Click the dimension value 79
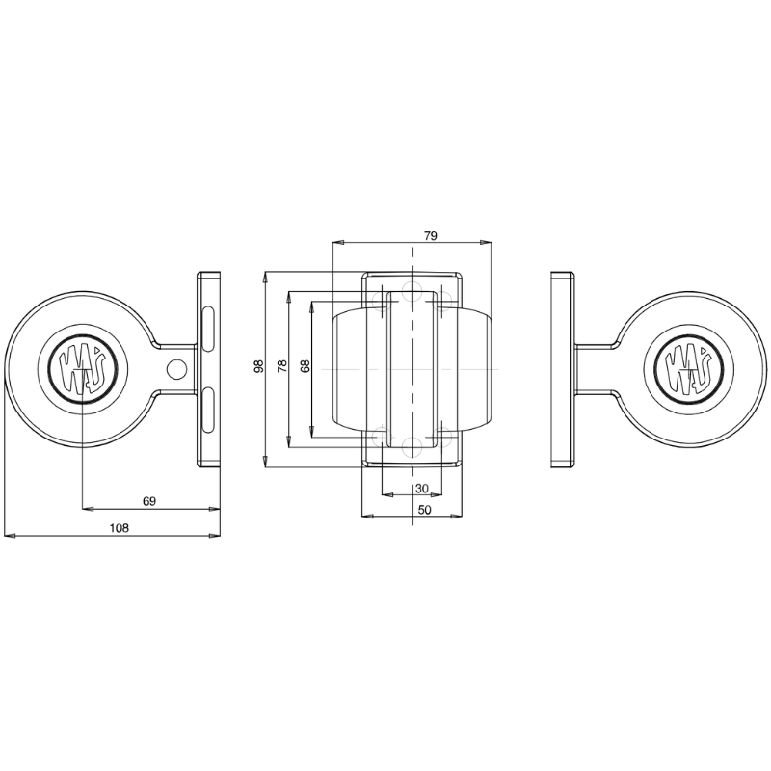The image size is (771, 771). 431,235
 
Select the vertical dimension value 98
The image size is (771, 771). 257,367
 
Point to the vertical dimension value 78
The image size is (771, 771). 281,367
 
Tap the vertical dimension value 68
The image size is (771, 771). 305,367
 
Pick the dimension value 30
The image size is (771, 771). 421,489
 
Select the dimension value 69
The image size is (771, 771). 148,501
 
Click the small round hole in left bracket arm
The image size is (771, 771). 175,367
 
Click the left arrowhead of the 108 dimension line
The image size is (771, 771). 9,535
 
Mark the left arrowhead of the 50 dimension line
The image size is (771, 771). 366,517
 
